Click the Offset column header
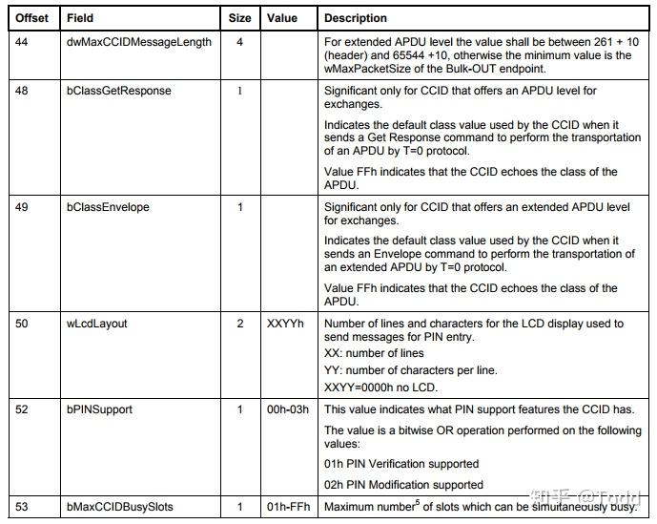tap(31, 18)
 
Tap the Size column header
tap(240, 18)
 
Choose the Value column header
tap(282, 18)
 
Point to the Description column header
tap(356, 18)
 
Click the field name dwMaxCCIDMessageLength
tap(139, 42)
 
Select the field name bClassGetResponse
tap(119, 91)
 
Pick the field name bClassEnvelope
tap(108, 207)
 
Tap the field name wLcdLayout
tap(96, 324)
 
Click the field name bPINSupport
tap(99, 409)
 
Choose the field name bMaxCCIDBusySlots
tap(119, 506)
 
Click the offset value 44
tap(22, 42)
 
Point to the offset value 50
tap(22, 324)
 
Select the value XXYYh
tap(286, 324)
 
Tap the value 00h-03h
tap(288, 409)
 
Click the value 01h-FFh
tap(288, 506)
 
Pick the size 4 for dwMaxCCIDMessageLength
tap(239, 42)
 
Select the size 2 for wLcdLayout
tap(240, 324)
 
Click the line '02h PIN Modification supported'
tap(403, 485)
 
